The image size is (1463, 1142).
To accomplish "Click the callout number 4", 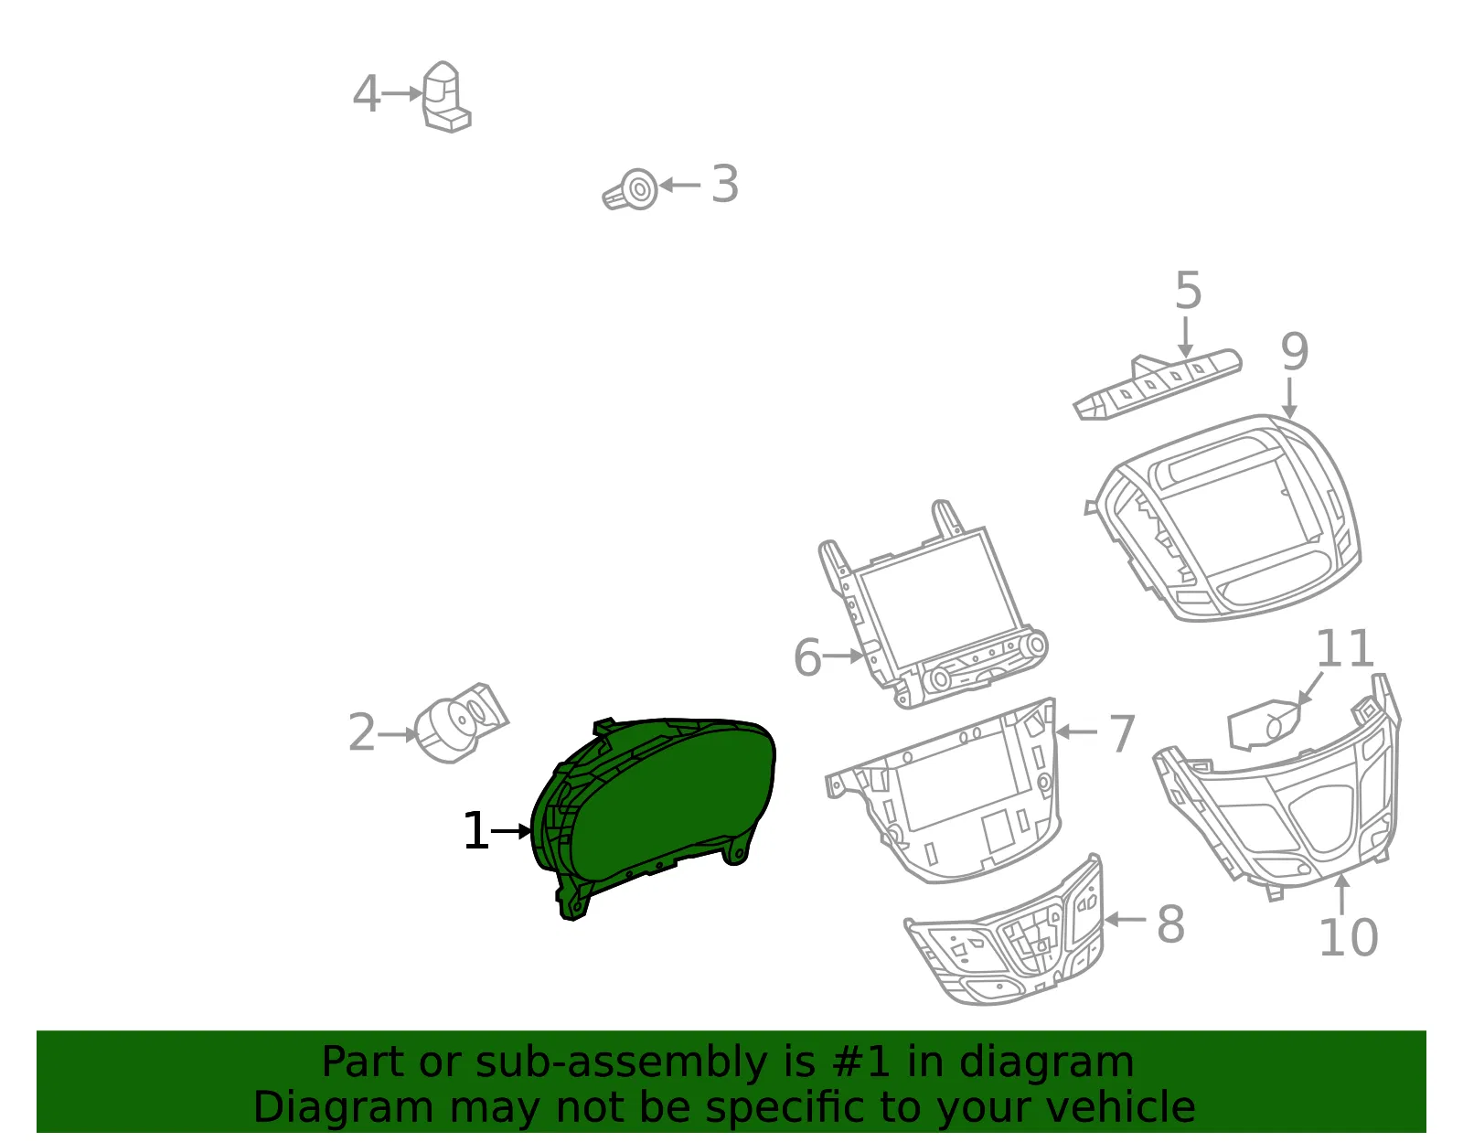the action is click(x=367, y=93).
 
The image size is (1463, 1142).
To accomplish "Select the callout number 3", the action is click(x=725, y=184).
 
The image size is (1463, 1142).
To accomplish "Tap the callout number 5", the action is click(x=1189, y=291).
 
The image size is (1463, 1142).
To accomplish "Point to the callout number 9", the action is click(x=1294, y=352).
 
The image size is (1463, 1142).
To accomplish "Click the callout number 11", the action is click(x=1344, y=648).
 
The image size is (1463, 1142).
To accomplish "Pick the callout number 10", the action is click(x=1349, y=937).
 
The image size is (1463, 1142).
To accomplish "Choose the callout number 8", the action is click(x=1170, y=924).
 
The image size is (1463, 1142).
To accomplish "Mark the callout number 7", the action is click(x=1122, y=733).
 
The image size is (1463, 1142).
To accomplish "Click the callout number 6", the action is click(x=808, y=657).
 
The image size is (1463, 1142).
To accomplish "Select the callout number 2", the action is click(x=361, y=732).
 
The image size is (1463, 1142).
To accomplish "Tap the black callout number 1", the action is click(x=476, y=830).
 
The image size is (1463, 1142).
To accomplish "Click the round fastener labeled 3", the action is click(x=632, y=190).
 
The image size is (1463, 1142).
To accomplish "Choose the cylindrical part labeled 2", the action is click(x=461, y=723).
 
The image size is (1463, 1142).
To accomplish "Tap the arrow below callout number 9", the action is click(x=1289, y=399).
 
